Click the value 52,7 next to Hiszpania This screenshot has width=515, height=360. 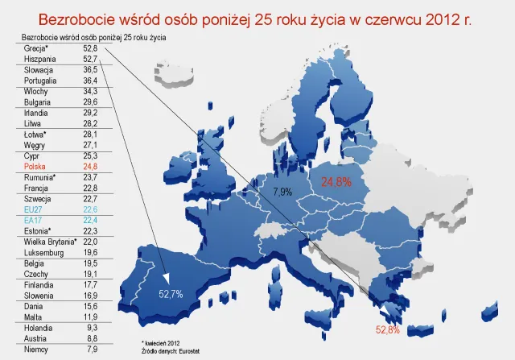[89, 59]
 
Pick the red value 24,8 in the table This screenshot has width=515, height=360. [89, 165]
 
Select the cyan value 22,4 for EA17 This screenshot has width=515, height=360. [89, 218]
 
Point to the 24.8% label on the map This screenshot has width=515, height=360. [337, 182]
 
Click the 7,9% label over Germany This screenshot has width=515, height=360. [283, 192]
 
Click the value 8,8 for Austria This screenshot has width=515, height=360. [91, 338]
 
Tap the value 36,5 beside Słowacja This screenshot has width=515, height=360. [89, 70]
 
